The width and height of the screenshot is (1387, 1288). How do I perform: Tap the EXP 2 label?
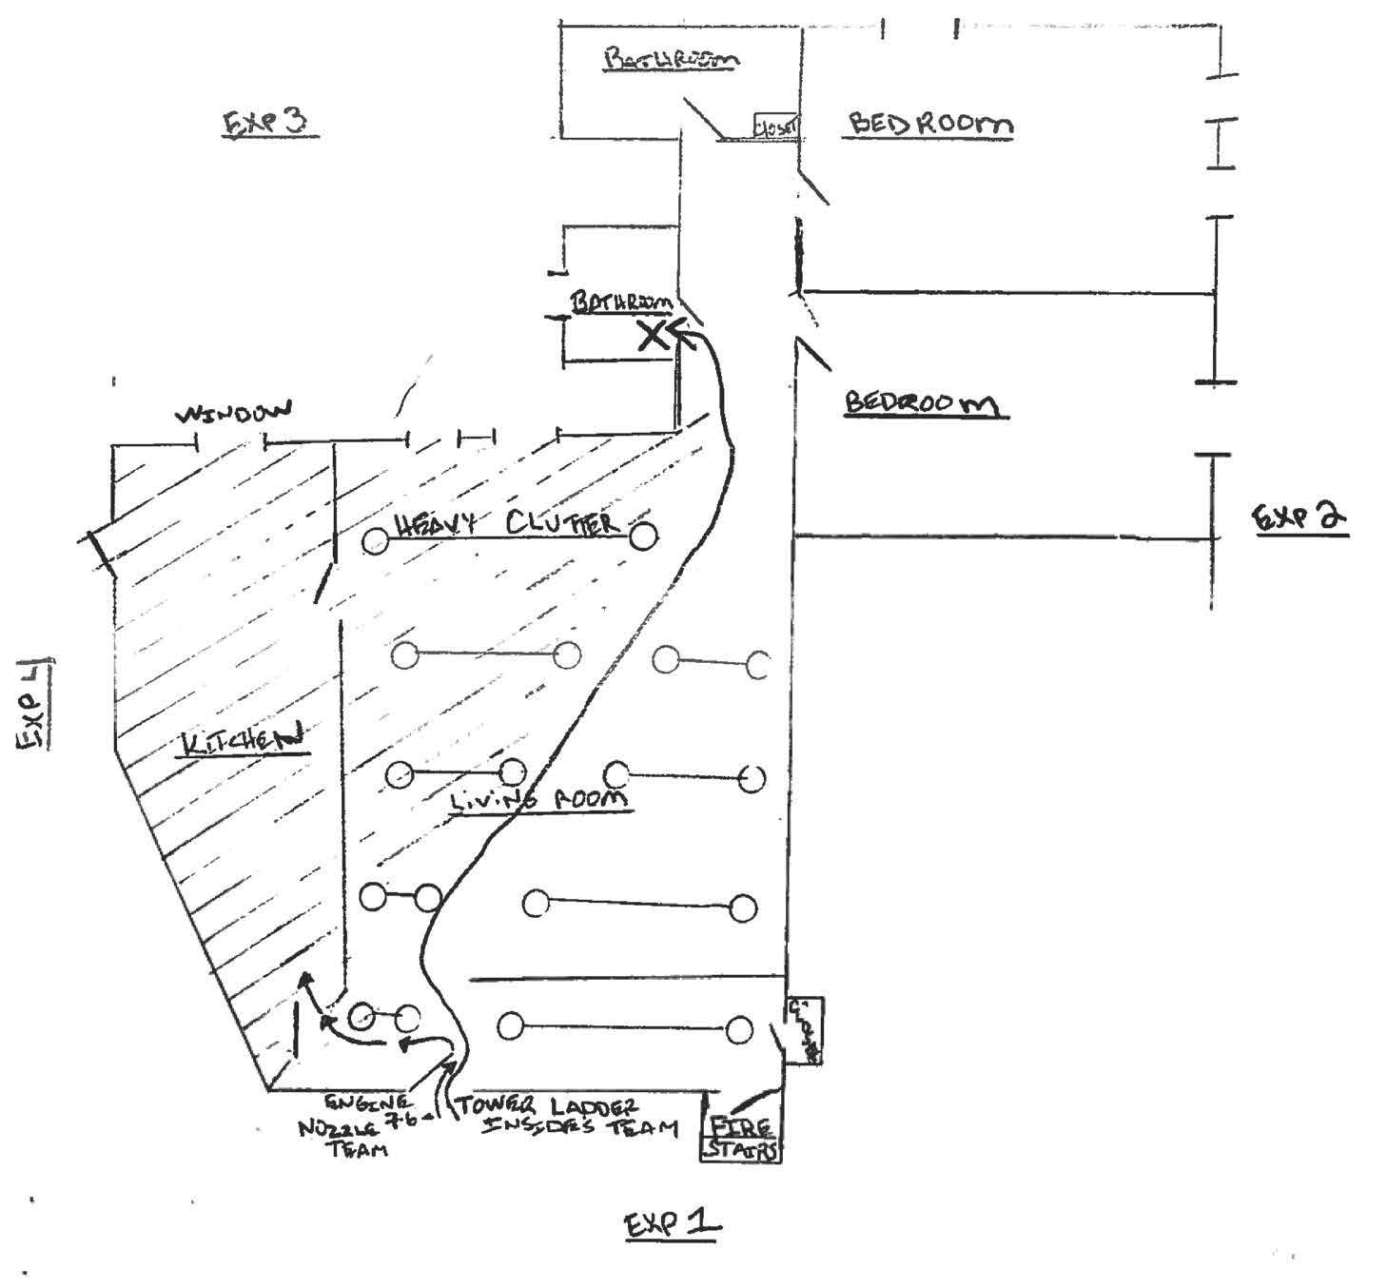[x=1299, y=517]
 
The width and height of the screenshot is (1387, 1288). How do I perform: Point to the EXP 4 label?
[x=34, y=704]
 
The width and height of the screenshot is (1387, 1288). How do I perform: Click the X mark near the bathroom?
[x=653, y=335]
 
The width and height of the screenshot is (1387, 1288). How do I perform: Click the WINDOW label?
[x=234, y=414]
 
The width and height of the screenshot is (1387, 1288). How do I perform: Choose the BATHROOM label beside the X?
[x=621, y=302]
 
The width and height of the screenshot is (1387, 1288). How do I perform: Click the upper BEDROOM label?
[x=929, y=124]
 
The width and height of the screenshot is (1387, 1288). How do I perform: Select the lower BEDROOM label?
[x=923, y=403]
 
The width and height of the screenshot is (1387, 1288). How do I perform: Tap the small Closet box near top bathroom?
[x=776, y=126]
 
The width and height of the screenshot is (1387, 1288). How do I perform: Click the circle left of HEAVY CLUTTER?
[x=376, y=541]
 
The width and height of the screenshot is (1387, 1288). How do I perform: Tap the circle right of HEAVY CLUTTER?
[x=644, y=537]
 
